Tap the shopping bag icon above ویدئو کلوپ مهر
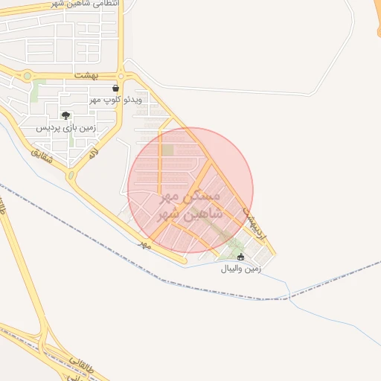pos(114,89)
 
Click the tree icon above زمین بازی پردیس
pos(66,115)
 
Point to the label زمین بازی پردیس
pos(67,127)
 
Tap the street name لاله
pos(93,153)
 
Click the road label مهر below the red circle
pos(144,243)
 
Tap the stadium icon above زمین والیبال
pos(240,257)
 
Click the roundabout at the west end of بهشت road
pos(28,75)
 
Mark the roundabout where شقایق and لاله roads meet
pos(72,176)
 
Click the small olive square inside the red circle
pos(168,150)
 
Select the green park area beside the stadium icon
pos(235,246)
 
